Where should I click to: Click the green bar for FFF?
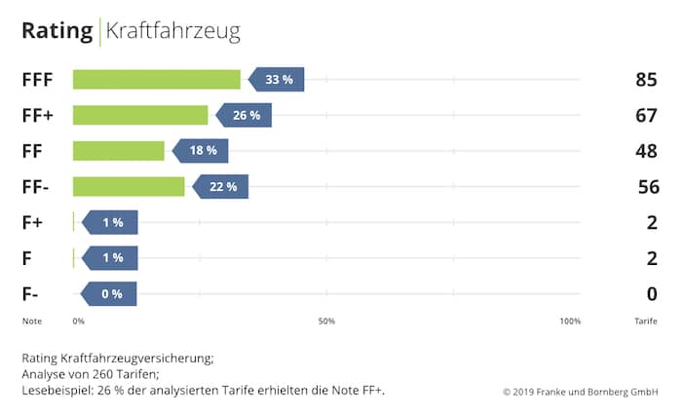click(x=156, y=80)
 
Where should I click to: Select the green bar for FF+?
click(x=140, y=115)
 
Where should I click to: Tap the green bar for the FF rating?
click(x=118, y=151)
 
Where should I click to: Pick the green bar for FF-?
click(x=129, y=186)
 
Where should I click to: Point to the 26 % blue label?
click(x=246, y=115)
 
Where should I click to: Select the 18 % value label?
click(x=202, y=151)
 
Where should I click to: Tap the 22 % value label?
click(x=222, y=186)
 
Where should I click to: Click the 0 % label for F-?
click(x=110, y=293)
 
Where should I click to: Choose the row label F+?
click(x=32, y=222)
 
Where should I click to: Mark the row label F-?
click(x=31, y=293)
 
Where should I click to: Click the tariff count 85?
click(x=646, y=80)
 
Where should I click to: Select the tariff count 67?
click(x=646, y=116)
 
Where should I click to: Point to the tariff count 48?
click(x=646, y=151)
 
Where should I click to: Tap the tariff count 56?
click(x=646, y=187)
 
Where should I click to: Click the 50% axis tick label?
click(x=326, y=321)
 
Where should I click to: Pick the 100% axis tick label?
click(x=570, y=321)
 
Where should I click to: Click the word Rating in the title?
click(x=57, y=31)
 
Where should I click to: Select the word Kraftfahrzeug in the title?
click(x=172, y=31)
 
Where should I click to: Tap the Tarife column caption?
click(x=645, y=321)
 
